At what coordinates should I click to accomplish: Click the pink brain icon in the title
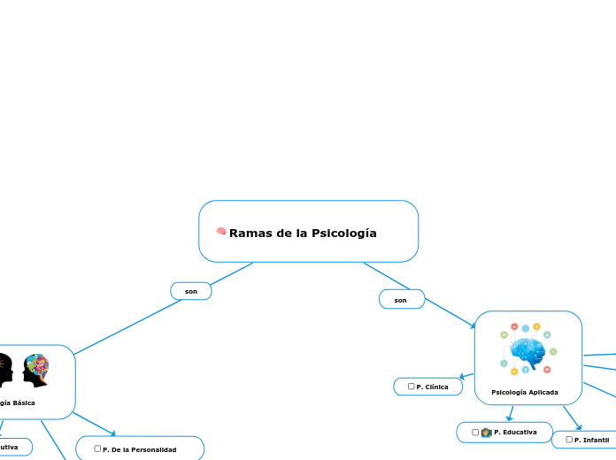[x=222, y=232]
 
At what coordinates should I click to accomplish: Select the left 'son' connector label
[x=190, y=291]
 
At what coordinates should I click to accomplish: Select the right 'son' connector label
[x=400, y=301]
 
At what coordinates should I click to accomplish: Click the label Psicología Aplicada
[x=525, y=392]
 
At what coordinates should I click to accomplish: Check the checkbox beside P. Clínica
[x=412, y=387]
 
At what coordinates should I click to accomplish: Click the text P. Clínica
[x=432, y=387]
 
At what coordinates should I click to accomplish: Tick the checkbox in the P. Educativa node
[x=476, y=432]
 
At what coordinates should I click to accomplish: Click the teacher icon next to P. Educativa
[x=486, y=432]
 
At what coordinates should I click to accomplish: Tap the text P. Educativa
[x=515, y=432]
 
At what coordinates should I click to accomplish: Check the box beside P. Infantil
[x=569, y=439]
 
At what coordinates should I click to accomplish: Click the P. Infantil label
[x=591, y=440]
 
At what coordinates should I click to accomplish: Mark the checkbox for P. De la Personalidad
[x=97, y=449]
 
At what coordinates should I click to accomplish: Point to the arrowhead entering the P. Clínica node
[x=462, y=378]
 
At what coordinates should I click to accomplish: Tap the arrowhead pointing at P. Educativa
[x=510, y=418]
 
